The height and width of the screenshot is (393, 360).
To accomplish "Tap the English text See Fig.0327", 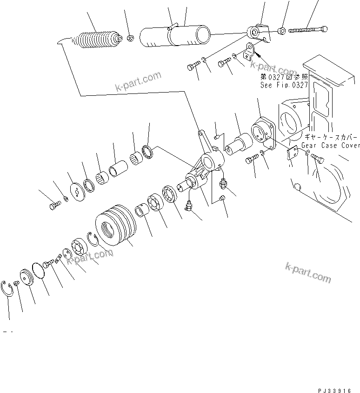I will tap(284, 85).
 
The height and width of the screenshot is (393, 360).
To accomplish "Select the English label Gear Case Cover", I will tap(330, 146).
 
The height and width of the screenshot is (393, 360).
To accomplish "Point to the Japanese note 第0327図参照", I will tap(284, 77).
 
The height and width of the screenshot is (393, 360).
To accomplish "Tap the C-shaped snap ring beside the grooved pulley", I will tap(93, 240).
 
